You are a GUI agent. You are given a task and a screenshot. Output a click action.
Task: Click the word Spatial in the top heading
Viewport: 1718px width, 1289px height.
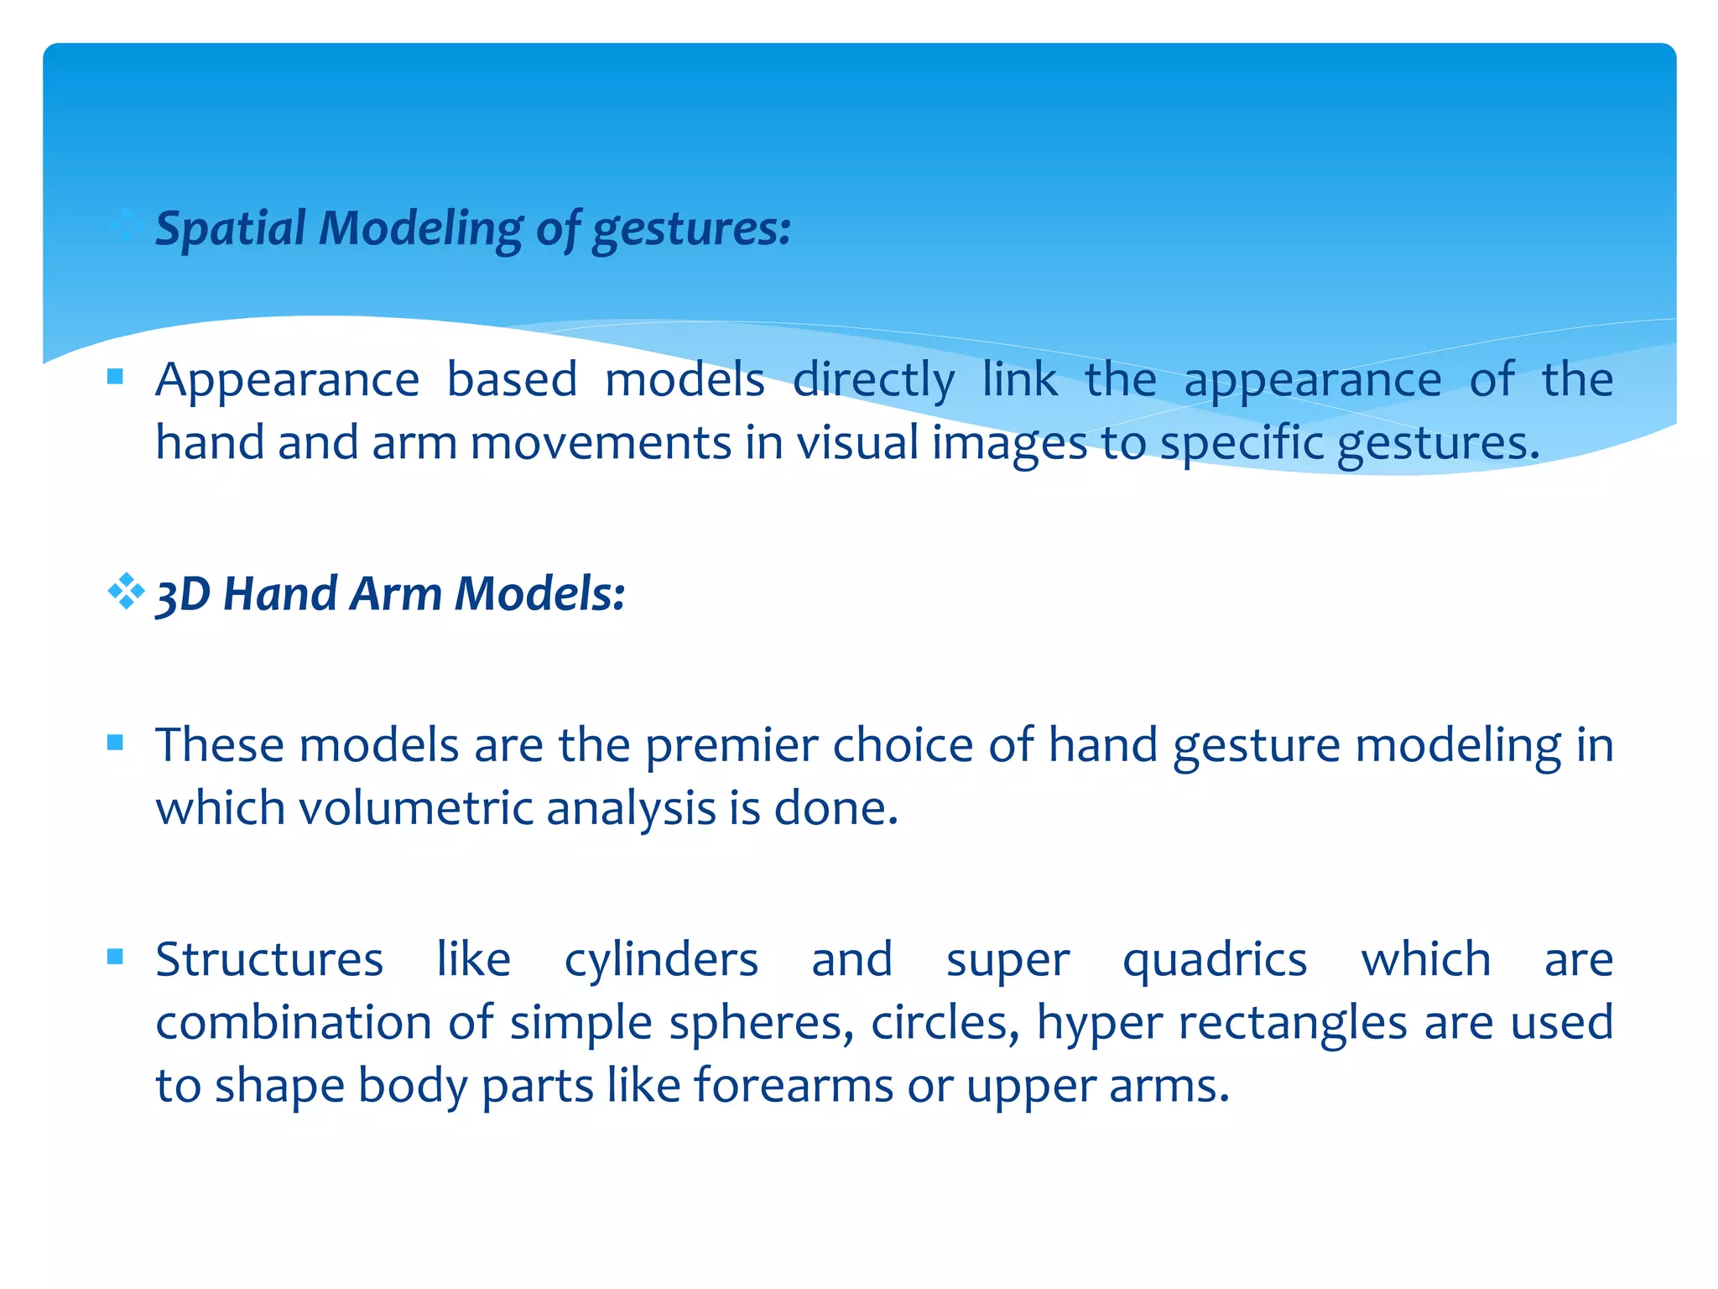click(x=231, y=228)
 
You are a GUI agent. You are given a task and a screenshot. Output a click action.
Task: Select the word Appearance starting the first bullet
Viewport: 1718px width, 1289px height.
click(x=287, y=380)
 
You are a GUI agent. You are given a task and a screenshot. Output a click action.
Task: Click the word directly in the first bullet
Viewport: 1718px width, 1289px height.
click(x=873, y=380)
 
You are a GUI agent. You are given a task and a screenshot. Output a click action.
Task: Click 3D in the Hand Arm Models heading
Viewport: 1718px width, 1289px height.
click(x=183, y=594)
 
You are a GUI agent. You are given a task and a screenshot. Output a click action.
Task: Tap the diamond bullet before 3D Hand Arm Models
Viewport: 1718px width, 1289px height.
click(x=126, y=592)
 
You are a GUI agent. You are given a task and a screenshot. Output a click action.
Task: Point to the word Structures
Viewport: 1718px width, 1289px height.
click(x=269, y=959)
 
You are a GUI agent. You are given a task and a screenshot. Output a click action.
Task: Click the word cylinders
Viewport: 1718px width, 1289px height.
click(x=661, y=959)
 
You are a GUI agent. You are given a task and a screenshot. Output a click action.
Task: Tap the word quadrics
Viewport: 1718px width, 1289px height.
click(x=1215, y=959)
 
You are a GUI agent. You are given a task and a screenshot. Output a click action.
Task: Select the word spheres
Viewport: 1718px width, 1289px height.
click(x=761, y=1023)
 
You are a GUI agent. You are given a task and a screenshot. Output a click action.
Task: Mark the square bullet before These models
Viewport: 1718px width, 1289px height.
click(x=116, y=742)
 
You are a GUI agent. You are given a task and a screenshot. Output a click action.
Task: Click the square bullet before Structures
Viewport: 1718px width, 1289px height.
click(x=116, y=957)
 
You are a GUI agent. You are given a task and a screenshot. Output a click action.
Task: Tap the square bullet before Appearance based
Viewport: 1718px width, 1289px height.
click(x=116, y=377)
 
